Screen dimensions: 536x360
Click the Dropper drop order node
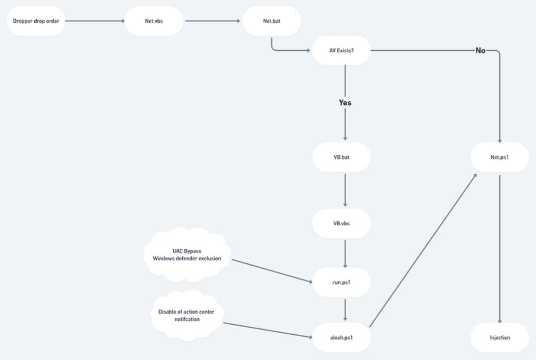36,21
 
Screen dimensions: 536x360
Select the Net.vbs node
154,21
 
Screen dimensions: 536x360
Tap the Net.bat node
272,21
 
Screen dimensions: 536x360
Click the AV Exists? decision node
341,50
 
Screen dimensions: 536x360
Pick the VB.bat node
341,157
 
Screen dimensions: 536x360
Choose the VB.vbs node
341,223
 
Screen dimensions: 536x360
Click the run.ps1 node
341,283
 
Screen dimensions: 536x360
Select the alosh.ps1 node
341,338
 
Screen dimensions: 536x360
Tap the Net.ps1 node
500,157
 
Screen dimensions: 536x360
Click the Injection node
500,338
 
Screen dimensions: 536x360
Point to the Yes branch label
345,103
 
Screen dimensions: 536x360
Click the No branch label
480,51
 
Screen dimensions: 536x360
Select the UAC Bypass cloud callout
187,255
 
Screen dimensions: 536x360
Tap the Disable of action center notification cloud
187,315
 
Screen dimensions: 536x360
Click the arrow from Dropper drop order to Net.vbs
95,21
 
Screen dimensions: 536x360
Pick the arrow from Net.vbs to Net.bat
212,21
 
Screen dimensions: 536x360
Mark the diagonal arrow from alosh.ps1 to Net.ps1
423,250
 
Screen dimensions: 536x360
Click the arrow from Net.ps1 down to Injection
500,249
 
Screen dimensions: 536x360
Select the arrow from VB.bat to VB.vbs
345,190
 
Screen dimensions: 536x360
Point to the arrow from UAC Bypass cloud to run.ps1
272,271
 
